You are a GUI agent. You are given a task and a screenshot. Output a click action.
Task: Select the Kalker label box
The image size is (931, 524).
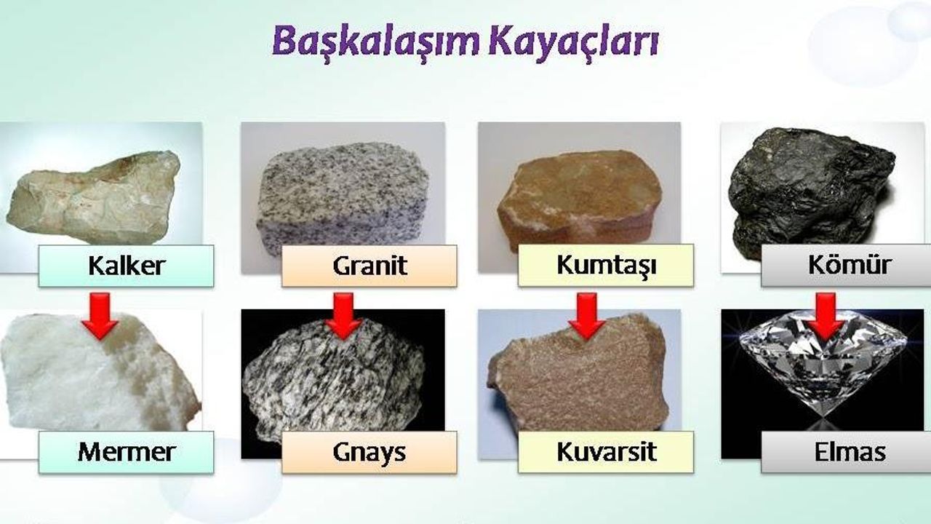click(x=127, y=266)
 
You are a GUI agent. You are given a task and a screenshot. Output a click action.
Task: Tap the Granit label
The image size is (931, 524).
click(x=369, y=266)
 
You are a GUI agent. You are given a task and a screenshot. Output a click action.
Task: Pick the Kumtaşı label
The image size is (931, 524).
click(x=606, y=265)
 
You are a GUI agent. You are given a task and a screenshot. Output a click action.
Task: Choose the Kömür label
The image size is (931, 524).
click(x=846, y=265)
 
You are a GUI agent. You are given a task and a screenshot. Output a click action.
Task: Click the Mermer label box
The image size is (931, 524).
click(x=127, y=452)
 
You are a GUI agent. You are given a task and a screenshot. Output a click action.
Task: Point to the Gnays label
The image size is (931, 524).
click(x=369, y=452)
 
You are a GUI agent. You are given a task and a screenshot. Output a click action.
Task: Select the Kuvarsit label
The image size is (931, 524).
click(x=606, y=452)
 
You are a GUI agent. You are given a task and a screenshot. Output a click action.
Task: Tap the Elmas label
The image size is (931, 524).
click(x=846, y=452)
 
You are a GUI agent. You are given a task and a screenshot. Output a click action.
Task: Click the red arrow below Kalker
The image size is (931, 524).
click(x=100, y=316)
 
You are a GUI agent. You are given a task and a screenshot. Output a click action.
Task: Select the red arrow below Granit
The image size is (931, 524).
click(x=344, y=316)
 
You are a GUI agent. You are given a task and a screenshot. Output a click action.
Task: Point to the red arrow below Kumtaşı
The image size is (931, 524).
click(x=587, y=316)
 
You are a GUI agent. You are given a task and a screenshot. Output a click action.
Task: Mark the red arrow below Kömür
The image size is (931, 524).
click(x=826, y=316)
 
